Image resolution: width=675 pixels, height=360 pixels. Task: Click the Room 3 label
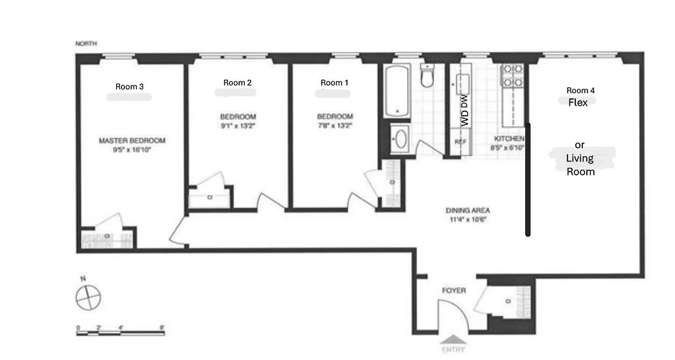coord(129,87)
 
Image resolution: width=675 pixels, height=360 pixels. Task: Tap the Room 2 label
coord(237,83)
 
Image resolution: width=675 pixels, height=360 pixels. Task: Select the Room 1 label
coord(334,83)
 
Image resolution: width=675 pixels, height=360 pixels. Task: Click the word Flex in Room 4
coord(578,103)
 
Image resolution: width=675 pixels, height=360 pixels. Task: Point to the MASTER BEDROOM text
coord(132,141)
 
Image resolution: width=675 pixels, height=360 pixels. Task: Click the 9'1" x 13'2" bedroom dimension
coord(238,126)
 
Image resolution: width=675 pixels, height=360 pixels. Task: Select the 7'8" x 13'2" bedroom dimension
coord(335,126)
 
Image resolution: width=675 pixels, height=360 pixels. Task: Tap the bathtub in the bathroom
coord(397,90)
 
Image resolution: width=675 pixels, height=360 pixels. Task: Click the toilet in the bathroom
coord(427,76)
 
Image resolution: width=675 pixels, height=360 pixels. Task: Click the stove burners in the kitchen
coord(513,76)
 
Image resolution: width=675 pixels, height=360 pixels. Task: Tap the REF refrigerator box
coord(460,141)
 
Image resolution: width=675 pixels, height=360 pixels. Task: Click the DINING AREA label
coord(468,211)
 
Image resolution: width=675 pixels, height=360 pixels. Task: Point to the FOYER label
coord(453,291)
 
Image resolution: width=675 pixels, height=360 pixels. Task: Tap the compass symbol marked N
coord(88,297)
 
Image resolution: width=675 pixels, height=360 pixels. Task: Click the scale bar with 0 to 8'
coord(121,333)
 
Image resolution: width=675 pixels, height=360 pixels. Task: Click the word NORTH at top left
coord(86,44)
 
